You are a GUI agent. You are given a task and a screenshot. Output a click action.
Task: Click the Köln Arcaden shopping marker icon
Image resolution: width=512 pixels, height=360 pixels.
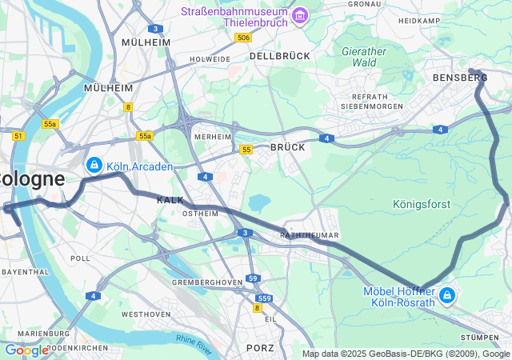(x=94, y=165)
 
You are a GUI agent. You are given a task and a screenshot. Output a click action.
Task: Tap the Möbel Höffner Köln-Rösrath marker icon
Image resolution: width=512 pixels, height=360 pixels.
(x=446, y=296)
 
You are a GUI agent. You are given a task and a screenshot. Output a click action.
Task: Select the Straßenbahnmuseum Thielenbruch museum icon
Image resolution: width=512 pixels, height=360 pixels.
(x=300, y=15)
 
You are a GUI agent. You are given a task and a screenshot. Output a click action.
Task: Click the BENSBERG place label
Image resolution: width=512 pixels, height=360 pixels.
(x=459, y=78)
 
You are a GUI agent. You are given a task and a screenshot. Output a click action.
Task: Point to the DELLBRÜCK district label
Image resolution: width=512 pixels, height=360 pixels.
(x=279, y=57)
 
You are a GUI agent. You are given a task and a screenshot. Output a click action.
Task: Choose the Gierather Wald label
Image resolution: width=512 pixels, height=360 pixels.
(x=364, y=56)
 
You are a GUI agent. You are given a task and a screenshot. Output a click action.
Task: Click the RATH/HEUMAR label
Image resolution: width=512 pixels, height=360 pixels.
(x=310, y=235)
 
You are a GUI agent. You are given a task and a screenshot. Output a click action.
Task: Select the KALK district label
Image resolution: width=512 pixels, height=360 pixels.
(x=170, y=199)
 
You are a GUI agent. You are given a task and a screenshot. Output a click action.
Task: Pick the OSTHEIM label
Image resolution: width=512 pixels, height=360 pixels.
(x=201, y=214)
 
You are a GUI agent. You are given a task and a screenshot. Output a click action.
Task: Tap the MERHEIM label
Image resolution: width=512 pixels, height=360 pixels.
(x=213, y=138)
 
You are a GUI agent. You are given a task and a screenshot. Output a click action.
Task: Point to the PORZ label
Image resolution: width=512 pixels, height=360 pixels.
(x=260, y=348)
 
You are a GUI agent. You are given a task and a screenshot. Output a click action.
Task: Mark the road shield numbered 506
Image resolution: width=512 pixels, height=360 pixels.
(x=243, y=38)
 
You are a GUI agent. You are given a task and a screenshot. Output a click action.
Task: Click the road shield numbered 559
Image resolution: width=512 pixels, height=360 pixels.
(x=265, y=298)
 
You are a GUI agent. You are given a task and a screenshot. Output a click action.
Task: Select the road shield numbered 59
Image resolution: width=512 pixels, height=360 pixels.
(x=253, y=278)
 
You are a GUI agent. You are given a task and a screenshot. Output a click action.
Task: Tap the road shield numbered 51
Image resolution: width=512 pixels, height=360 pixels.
(x=18, y=136)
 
